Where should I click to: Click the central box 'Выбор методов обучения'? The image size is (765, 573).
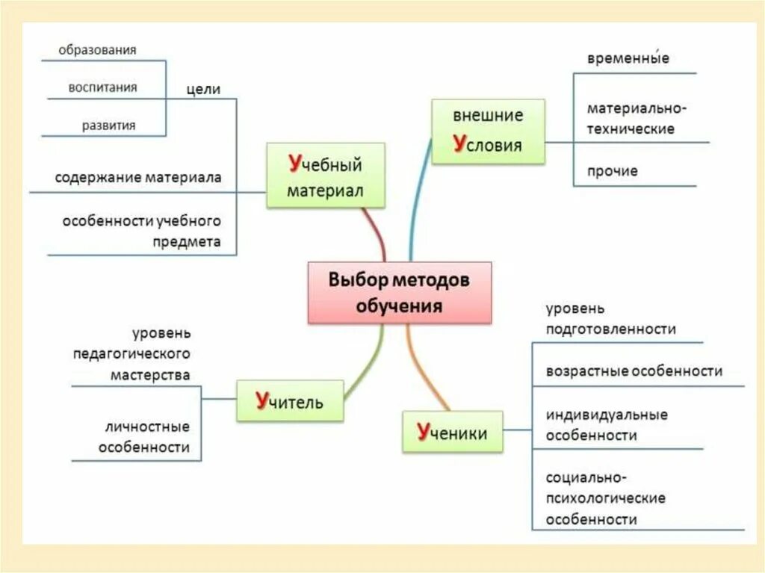coord(400,292)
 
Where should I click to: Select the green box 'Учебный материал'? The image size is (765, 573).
coord(325,175)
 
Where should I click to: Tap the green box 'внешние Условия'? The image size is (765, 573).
coord(488,131)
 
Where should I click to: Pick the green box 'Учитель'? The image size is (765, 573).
coord(290,401)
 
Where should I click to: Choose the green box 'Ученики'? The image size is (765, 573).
coord(453,431)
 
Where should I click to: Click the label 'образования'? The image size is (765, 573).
coord(98,50)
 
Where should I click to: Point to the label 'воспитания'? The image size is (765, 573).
coord(102,87)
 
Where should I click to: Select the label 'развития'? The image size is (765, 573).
coord(109,126)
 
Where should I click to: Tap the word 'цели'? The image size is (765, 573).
coord(203,89)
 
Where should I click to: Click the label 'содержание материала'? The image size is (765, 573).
coord(137,179)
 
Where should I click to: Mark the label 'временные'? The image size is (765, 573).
coord(628,59)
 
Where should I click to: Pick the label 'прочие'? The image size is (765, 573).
coord(613,171)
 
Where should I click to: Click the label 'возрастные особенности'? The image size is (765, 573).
coord(634,371)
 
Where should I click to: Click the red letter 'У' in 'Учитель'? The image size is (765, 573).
coord(262,400)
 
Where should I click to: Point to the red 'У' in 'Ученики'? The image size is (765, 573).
coord(424,431)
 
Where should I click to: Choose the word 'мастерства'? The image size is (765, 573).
coord(150,375)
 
